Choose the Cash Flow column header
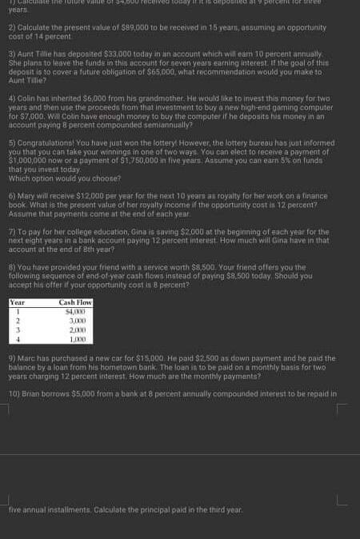coord(77,302)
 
